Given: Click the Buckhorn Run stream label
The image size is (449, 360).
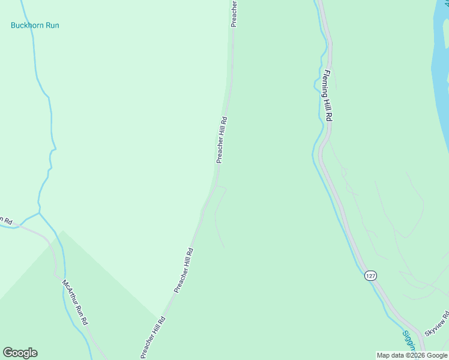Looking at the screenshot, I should point(35,26).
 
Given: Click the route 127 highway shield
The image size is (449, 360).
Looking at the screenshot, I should point(370,275).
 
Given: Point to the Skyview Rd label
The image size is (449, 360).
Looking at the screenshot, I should point(436,324).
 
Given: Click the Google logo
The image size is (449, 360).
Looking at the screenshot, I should point(20,353).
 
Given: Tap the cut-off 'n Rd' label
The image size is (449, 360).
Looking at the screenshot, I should point(6,221).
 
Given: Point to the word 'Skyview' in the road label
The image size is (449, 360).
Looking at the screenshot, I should point(433,326).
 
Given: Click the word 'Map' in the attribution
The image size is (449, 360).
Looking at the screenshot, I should point(383,355).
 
